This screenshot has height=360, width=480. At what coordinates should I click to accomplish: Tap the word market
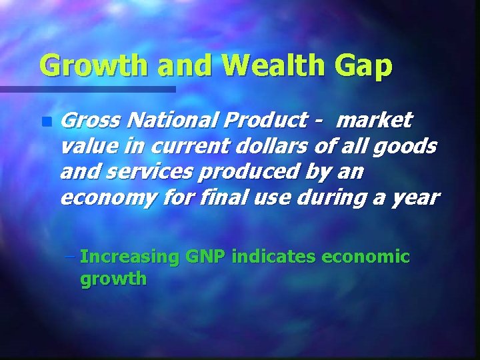click(x=375, y=121)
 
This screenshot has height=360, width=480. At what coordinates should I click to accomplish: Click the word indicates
click(x=275, y=257)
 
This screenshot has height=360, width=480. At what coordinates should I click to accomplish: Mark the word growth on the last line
click(x=113, y=279)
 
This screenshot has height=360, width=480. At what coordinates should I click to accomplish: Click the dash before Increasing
click(x=71, y=257)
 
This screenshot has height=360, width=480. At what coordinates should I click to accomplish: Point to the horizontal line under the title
click(x=87, y=89)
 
